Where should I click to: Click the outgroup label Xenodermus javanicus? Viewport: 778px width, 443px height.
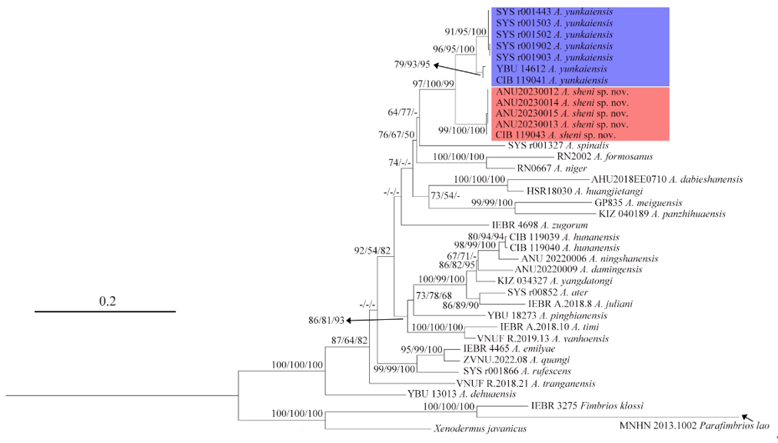[x=480, y=428]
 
